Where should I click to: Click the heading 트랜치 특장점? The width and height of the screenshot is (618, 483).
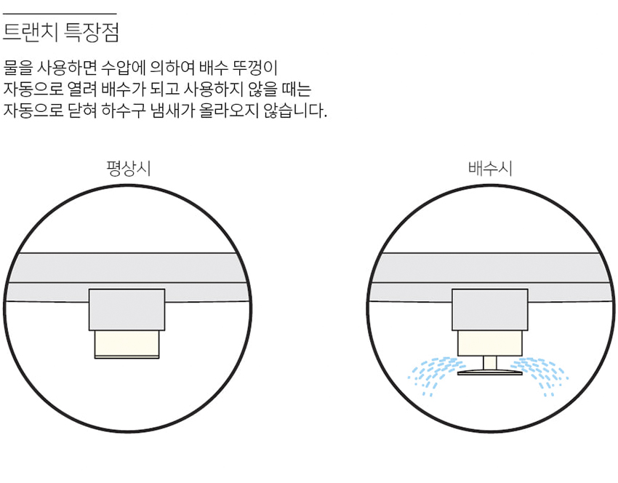point(61,33)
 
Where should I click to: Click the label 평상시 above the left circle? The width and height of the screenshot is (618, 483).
point(128,169)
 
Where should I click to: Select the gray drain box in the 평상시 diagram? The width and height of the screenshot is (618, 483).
point(127,309)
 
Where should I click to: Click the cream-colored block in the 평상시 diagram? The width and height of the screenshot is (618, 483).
point(127,343)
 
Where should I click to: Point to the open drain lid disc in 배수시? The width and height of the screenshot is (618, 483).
point(489,373)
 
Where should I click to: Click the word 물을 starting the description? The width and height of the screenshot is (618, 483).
point(18,70)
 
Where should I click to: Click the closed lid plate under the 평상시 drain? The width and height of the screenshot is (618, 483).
point(127,357)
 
